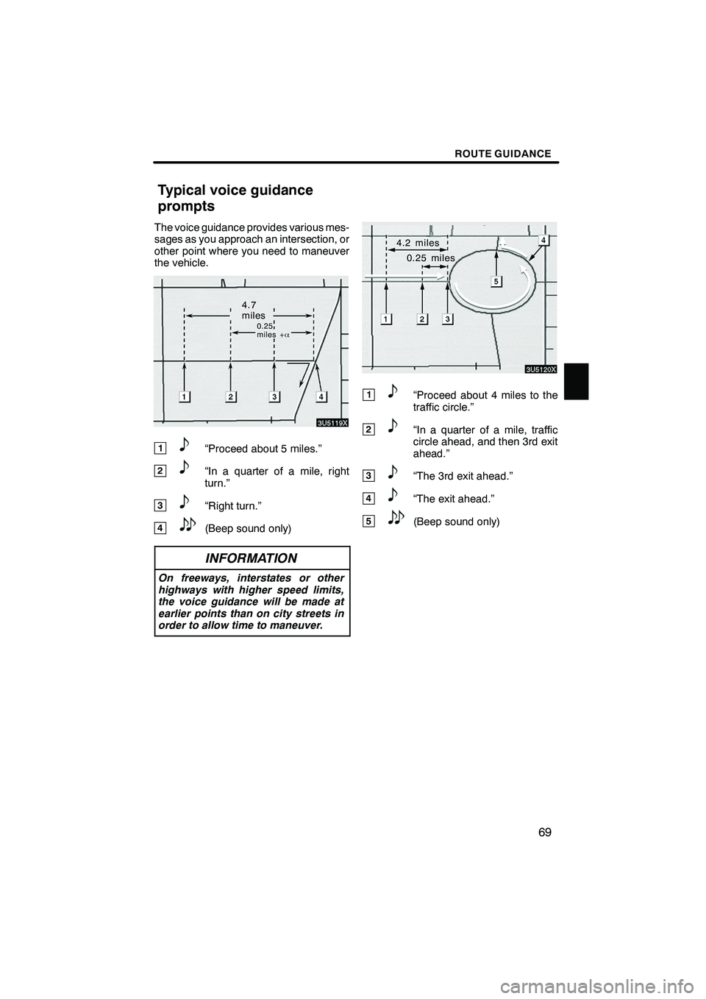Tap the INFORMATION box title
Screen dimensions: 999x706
point(252,558)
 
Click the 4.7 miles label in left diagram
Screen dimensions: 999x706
point(250,309)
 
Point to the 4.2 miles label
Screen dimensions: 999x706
point(417,243)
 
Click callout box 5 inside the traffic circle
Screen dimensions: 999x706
point(496,281)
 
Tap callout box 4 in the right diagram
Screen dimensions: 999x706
point(542,240)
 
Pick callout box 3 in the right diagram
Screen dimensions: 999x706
point(447,319)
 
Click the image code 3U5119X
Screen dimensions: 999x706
point(332,422)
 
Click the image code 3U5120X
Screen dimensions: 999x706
point(541,369)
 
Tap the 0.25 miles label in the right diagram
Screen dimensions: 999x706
point(430,258)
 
